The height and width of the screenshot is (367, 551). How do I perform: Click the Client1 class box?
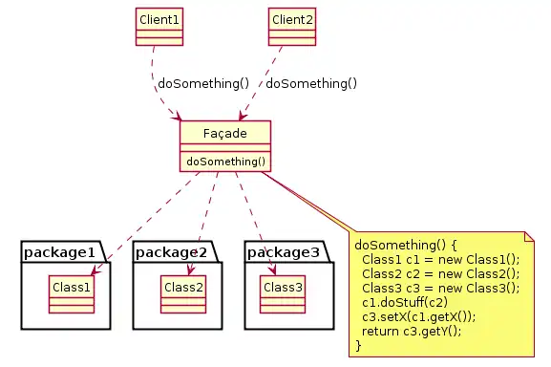pyautogui.click(x=159, y=27)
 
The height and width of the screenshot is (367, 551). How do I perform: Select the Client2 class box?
pyautogui.click(x=292, y=27)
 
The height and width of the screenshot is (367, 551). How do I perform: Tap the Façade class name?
pyautogui.click(x=225, y=133)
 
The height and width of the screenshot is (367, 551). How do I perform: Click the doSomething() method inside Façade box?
pyautogui.click(x=226, y=162)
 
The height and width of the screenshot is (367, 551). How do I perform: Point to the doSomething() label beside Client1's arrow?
pyautogui.click(x=203, y=84)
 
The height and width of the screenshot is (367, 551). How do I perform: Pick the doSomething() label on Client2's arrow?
pyautogui.click(x=311, y=84)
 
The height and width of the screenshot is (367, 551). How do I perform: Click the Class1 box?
pyautogui.click(x=72, y=294)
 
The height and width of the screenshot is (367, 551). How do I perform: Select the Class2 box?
pyautogui.click(x=183, y=294)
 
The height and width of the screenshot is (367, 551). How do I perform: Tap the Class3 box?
pyautogui.click(x=283, y=294)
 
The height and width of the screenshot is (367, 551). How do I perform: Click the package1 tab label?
pyautogui.click(x=59, y=252)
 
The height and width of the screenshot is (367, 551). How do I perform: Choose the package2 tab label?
pyautogui.click(x=171, y=252)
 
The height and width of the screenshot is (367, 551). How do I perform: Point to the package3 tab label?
pyautogui.click(x=284, y=252)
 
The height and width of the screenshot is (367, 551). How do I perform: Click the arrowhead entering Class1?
pyautogui.click(x=95, y=270)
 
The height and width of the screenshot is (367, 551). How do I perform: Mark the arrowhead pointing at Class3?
pyautogui.click(x=273, y=270)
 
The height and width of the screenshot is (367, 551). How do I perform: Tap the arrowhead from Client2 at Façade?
pyautogui.click(x=243, y=116)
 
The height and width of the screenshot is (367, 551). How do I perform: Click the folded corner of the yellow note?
pyautogui.click(x=529, y=236)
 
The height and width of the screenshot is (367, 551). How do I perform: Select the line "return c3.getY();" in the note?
pyautogui.click(x=412, y=331)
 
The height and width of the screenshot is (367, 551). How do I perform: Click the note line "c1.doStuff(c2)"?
pyautogui.click(x=405, y=302)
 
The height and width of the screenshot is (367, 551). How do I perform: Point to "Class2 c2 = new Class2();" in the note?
pyautogui.click(x=440, y=273)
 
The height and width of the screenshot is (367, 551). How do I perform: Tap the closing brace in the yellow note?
pyautogui.click(x=358, y=346)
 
